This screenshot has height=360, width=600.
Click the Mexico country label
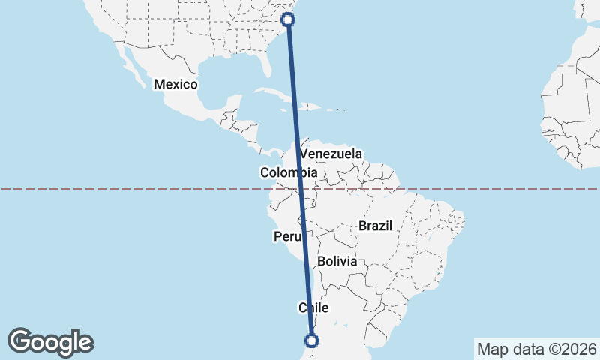click(175, 84)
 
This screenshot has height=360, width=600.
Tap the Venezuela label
click(331, 154)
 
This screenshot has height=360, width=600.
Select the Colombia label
click(289, 173)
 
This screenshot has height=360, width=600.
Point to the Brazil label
click(375, 226)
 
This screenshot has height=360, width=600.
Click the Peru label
click(286, 237)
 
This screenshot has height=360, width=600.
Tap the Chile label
click(314, 307)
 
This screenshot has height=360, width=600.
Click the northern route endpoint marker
click(288, 19)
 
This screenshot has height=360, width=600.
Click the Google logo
click(51, 342)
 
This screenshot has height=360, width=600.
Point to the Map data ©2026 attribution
click(536, 349)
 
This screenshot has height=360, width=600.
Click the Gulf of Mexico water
click(225, 75)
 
